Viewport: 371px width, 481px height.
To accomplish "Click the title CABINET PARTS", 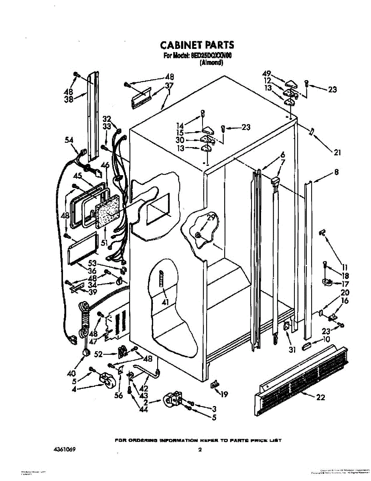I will click(197, 44).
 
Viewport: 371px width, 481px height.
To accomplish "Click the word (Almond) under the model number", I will click(211, 63).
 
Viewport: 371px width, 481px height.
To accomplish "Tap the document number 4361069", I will click(64, 450).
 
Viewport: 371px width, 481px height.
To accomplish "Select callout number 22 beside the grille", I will click(320, 397).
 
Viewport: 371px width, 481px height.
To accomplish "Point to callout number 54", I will click(69, 139).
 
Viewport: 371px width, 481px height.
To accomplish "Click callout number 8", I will click(336, 172).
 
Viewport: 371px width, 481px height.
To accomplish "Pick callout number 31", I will click(292, 350).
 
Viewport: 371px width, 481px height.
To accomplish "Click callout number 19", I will click(224, 394).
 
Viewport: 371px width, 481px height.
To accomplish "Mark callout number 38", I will click(69, 100).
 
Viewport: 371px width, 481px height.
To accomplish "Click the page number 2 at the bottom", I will click(199, 450).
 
